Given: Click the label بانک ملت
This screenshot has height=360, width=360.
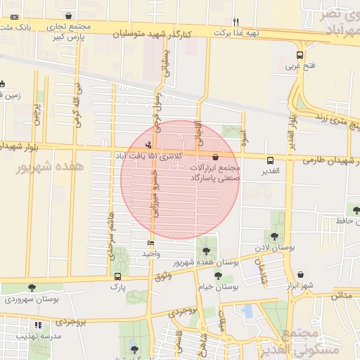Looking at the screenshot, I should (x=15, y=27).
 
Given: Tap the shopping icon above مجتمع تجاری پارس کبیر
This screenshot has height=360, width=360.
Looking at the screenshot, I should (x=67, y=15).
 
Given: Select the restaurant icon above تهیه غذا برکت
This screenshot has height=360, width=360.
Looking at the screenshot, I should (x=236, y=21).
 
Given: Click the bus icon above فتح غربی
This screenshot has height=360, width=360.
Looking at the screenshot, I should (x=300, y=56).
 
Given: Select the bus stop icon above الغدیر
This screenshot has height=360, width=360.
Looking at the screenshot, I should (x=271, y=160).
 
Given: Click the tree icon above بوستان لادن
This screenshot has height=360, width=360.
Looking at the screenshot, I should (x=274, y=236).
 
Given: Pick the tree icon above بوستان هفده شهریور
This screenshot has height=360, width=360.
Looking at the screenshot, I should (x=205, y=250).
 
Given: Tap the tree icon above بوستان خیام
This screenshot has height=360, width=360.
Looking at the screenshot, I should (x=218, y=276).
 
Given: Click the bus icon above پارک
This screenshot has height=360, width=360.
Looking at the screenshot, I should (x=117, y=276).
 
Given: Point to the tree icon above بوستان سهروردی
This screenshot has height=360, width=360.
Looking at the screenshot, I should (x=32, y=288).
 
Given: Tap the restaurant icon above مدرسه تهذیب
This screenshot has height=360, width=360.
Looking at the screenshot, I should (x=38, y=326).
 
